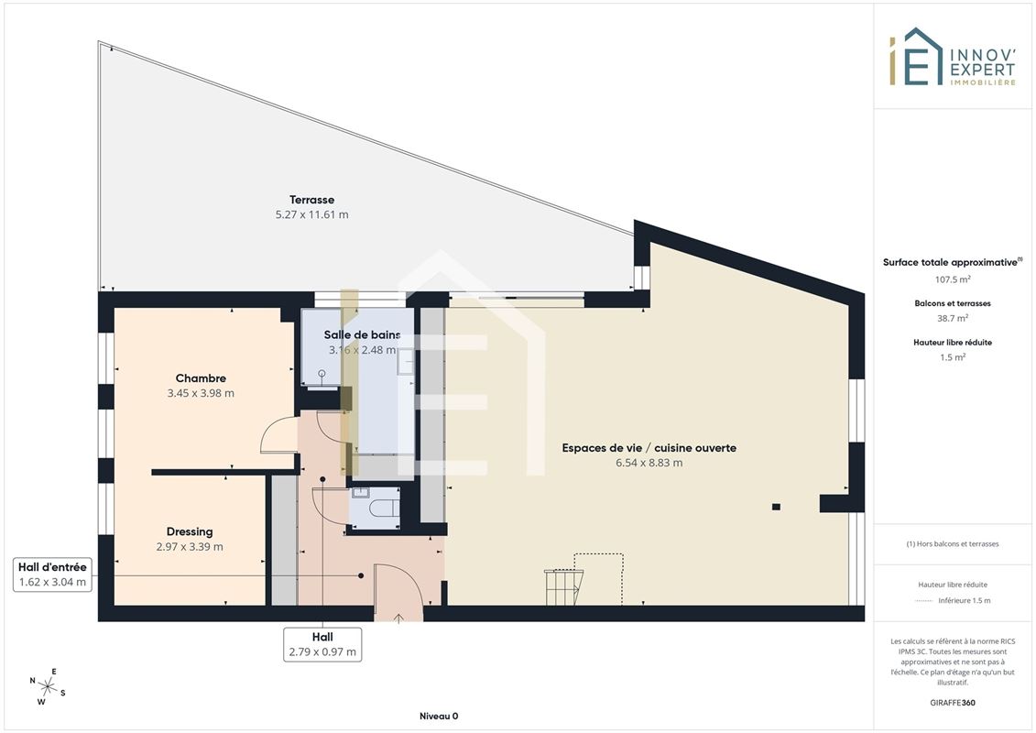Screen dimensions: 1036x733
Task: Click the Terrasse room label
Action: click(311, 200)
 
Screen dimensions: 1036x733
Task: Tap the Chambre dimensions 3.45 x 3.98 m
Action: click(201, 393)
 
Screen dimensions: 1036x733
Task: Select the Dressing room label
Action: click(190, 531)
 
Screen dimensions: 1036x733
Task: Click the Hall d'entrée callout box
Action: click(52, 574)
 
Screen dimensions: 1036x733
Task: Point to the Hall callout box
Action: click(322, 644)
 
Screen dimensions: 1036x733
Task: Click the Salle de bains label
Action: click(362, 335)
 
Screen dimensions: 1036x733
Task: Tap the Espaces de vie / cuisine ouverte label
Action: click(649, 447)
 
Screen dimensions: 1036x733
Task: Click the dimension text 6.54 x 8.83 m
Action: click(649, 463)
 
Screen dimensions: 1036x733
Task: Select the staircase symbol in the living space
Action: click(563, 587)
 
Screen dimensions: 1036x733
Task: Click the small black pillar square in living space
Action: click(777, 507)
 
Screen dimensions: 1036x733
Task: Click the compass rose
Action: click(48, 687)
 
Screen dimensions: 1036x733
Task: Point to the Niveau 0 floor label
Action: click(439, 716)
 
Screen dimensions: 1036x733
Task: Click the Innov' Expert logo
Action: click(952, 57)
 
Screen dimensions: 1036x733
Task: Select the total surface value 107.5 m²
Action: click(952, 279)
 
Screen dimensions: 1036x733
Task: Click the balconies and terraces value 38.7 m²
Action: click(952, 318)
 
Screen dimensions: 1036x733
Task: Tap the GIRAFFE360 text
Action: click(952, 703)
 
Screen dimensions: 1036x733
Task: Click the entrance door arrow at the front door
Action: click(398, 618)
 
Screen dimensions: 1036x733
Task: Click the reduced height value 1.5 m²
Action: click(952, 357)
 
